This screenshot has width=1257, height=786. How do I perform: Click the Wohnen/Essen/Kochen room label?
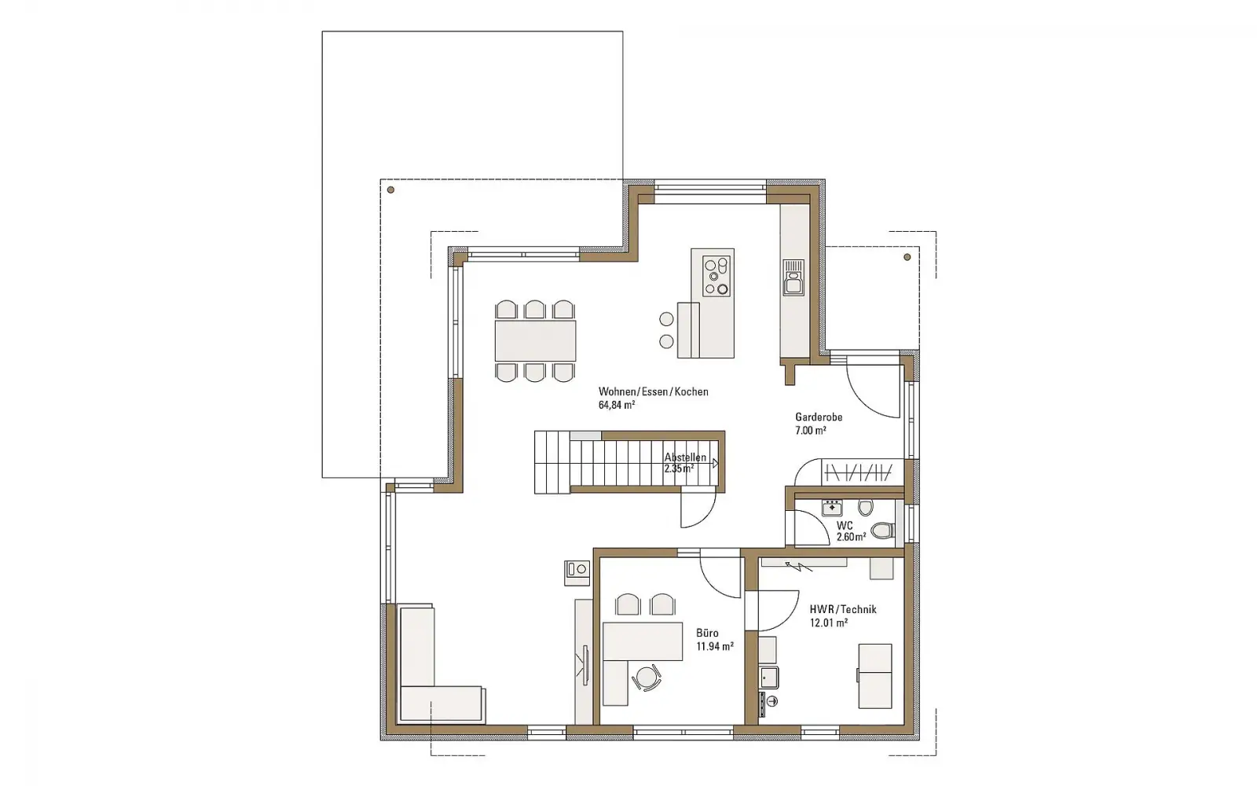(x=653, y=392)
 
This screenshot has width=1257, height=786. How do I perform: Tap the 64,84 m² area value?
(x=617, y=405)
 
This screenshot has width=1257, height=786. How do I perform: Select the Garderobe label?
(x=819, y=417)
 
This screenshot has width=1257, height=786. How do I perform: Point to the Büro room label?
(x=707, y=633)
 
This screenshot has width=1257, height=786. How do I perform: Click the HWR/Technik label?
(x=843, y=609)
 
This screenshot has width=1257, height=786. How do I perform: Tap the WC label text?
(x=845, y=526)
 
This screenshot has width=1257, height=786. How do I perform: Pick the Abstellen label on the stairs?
(x=685, y=457)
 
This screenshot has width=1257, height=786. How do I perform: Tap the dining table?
(x=535, y=341)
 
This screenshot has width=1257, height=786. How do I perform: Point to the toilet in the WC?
(x=883, y=530)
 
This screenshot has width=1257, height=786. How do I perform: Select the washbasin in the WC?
(x=832, y=508)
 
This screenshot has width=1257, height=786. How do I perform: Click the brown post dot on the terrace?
(x=390, y=189)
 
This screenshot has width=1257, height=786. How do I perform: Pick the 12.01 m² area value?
(x=828, y=623)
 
